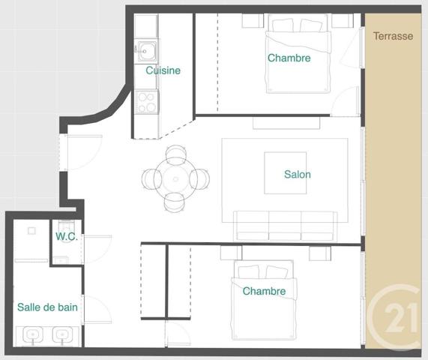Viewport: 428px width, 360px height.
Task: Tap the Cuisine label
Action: pos(163,70)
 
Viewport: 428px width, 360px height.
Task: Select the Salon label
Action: pos(297,175)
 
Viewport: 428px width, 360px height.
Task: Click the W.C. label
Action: pos(67,235)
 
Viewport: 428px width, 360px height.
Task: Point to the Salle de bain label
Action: pos(48,307)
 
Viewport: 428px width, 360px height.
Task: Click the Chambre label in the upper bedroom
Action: pos(289,58)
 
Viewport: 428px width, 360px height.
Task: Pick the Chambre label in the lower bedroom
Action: pos(264,291)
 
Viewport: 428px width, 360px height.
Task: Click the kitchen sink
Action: pos(147,52)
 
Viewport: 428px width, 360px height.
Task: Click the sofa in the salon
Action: pos(285,225)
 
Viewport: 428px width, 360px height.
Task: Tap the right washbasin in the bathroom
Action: pos(62,335)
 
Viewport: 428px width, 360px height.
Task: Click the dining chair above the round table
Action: pos(177,154)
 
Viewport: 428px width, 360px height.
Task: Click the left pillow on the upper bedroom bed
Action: pos(283,26)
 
